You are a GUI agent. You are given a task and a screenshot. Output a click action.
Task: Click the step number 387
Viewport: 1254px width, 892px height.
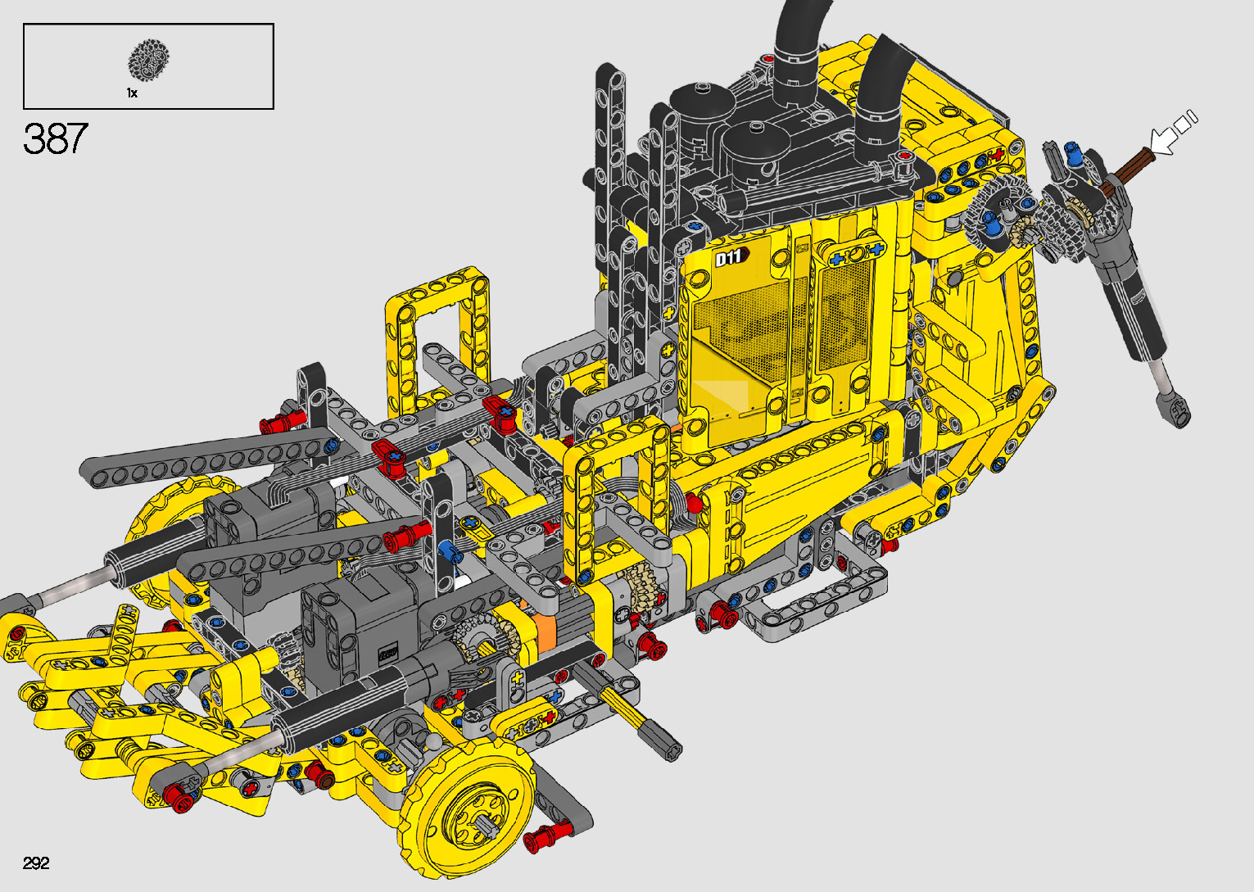pos(56,138)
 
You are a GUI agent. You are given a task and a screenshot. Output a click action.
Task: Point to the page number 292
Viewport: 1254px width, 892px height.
pos(36,863)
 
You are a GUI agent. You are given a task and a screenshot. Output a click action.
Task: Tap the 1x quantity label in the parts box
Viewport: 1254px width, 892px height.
pos(132,93)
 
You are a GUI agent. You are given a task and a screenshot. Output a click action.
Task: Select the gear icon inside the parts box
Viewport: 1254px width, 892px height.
pos(148,59)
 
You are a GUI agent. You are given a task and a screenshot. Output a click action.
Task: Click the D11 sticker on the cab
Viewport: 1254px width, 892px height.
pos(731,257)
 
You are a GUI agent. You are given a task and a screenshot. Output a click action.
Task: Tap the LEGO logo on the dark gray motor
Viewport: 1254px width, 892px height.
pos(387,653)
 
